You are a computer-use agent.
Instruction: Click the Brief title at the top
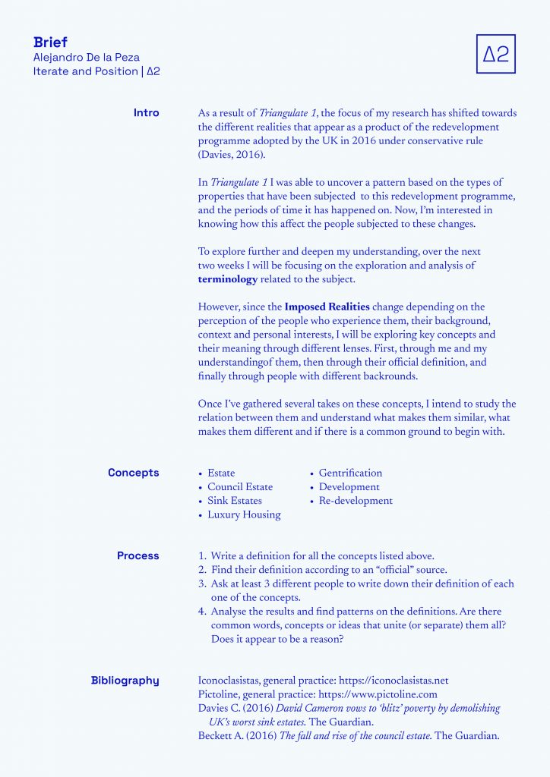[50, 42]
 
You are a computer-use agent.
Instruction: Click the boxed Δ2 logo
[495, 54]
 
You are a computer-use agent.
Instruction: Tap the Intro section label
[146, 113]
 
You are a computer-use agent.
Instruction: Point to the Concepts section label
[134, 473]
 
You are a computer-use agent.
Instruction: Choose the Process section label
[138, 556]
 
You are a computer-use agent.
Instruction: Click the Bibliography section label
[125, 681]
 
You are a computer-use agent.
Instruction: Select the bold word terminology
[228, 279]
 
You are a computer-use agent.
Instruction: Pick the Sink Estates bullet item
[235, 501]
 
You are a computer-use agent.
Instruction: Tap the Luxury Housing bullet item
[244, 514]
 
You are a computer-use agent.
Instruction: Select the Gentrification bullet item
[350, 473]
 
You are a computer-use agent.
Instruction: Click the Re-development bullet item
[356, 501]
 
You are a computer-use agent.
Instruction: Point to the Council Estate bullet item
[240, 487]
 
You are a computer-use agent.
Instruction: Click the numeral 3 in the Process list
[203, 584]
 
